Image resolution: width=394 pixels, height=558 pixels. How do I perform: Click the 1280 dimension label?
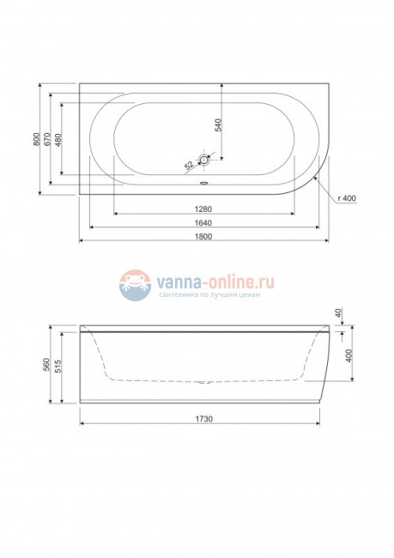tap(203, 209)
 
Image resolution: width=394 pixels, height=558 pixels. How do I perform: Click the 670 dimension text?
tap(47, 141)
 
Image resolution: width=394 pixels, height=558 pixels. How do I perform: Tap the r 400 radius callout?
tap(348, 198)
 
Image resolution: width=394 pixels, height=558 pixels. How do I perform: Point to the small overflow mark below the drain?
tap(203, 180)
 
